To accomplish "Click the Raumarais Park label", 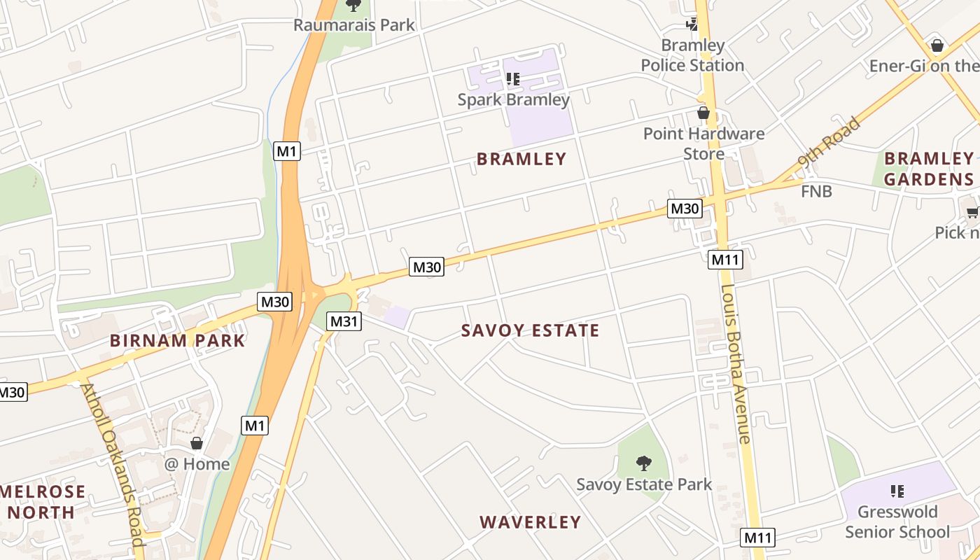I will [353, 25].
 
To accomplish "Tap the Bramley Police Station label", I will [692, 55].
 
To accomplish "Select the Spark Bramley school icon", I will [513, 79].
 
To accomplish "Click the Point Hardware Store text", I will [703, 143].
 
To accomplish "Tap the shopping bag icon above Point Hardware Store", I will [703, 113].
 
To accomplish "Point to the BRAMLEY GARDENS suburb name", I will [928, 169].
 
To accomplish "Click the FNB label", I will [816, 190].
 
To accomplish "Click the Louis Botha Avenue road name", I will [735, 364].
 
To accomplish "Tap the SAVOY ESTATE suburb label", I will [530, 330].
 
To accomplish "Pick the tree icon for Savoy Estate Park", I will [643, 463].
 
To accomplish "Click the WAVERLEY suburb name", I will [530, 522].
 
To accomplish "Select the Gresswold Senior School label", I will [897, 521].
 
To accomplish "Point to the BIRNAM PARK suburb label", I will [178, 341].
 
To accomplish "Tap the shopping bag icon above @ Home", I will [197, 443].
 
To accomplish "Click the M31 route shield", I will [344, 321].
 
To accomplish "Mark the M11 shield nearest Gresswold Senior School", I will [758, 538].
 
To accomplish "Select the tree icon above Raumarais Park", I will [354, 6].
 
